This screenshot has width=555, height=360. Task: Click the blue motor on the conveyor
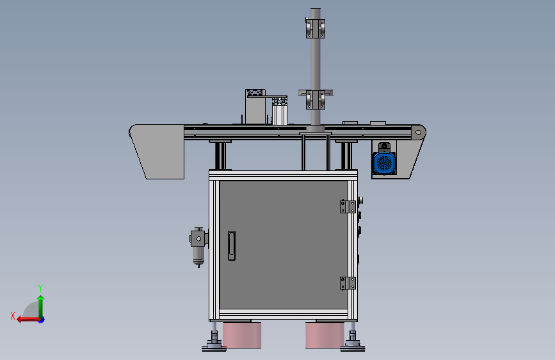tap(384, 163)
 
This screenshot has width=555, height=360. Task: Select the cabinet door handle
tap(232, 246)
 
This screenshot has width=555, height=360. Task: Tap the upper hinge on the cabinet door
tap(348, 206)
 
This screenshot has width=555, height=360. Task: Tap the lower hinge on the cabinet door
tap(348, 283)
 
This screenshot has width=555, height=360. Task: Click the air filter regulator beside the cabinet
tap(198, 246)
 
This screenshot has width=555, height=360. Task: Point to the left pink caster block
tap(242, 335)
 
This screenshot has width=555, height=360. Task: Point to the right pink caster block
tap(325, 335)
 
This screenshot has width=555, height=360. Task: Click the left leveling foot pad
tap(214, 348)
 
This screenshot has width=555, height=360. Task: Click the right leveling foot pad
tap(353, 348)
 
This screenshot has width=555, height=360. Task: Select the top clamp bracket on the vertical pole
tap(316, 28)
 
